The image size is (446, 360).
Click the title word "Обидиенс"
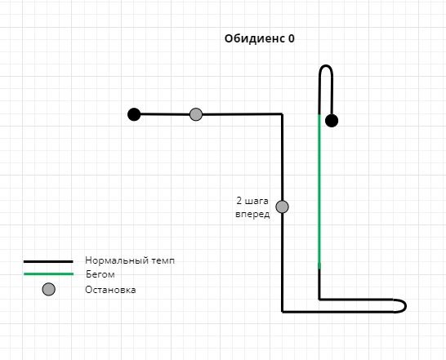255,38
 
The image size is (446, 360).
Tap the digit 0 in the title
292,38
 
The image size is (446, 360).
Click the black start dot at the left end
134,114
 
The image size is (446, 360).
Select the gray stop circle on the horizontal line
196,114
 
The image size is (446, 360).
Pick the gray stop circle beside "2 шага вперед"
282,207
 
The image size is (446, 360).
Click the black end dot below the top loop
332,121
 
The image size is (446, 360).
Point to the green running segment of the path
319,191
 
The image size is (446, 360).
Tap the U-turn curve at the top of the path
326,66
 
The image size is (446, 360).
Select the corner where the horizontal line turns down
282,114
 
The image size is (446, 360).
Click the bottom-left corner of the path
282,312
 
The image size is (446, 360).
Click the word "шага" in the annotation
256,201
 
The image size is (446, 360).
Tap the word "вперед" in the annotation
252,214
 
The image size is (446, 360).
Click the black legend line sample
48,261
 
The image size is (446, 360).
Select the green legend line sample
48,273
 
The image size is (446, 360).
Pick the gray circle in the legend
49,289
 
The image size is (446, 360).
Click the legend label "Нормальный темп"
130,260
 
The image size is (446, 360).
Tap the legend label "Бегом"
100,274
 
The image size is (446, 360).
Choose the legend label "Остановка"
110,290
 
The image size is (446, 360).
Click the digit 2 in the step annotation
239,201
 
